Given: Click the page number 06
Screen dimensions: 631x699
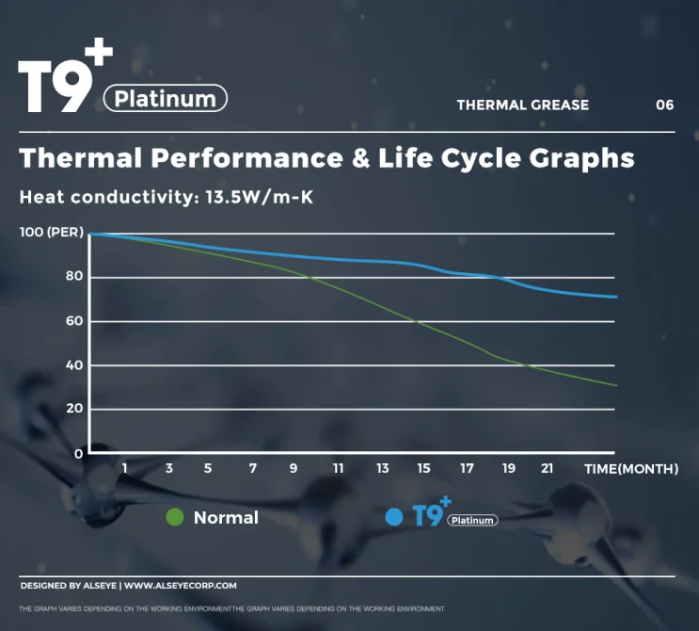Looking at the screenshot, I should pos(664,105).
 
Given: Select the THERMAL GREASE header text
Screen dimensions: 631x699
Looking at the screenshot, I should pos(522,105).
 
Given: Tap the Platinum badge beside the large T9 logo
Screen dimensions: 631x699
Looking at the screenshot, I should pos(166,98).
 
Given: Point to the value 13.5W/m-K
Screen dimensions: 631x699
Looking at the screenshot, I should pos(259,198).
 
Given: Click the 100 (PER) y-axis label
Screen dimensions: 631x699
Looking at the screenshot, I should pos(52,233).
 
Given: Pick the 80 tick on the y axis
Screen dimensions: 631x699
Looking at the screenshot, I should pos(73,277).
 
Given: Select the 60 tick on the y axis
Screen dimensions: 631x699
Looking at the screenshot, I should pos(73,321).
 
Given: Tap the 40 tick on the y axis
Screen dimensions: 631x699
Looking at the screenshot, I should pos(73,365).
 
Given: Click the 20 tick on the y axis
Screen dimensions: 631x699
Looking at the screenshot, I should pos(73,409).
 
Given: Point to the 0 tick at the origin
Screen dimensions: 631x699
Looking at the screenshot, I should pos(79,453).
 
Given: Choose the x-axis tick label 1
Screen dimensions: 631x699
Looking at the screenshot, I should pos(124,469).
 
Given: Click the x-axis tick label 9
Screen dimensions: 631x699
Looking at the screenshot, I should pos(294,469).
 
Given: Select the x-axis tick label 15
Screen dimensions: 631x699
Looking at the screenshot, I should pos(424,469).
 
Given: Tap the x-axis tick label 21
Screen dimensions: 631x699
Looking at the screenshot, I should pos(547,469).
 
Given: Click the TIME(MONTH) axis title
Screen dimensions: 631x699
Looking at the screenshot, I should pos(630,469).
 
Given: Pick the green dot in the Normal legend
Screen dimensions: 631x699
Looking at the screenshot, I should pos(174,517).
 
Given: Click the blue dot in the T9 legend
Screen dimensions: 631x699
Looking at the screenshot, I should pos(394,517).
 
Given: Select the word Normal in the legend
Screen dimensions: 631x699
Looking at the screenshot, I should pos(226,517).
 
